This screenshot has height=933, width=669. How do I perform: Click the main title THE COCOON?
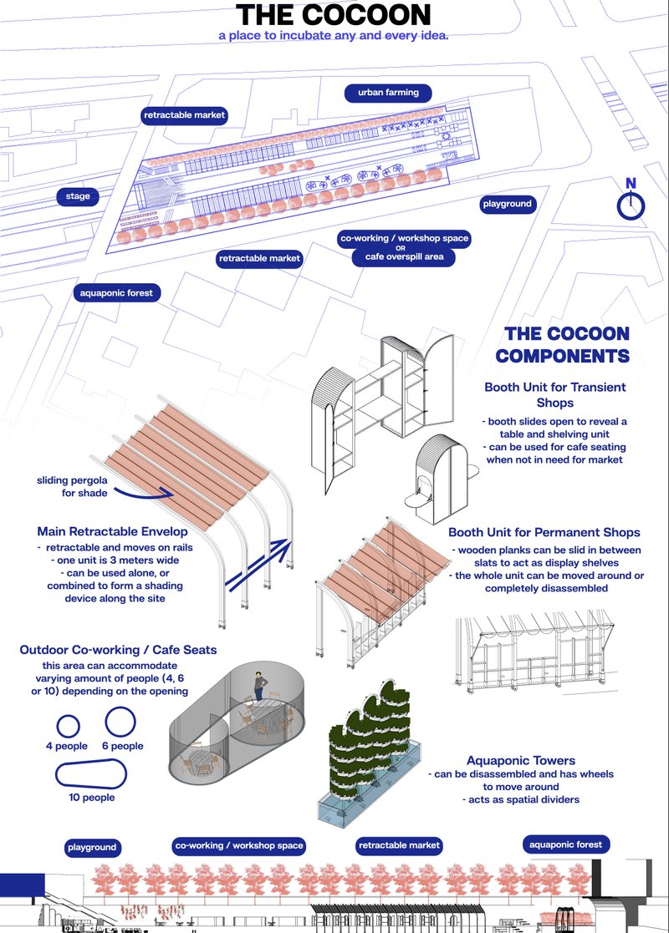[334, 15]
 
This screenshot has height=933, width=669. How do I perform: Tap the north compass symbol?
[631, 205]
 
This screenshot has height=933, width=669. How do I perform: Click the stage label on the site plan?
[78, 197]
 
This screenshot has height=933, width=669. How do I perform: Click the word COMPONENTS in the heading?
[562, 356]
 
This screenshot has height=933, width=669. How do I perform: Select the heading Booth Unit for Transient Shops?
[554, 395]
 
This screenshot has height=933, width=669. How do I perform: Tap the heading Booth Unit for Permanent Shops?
[544, 532]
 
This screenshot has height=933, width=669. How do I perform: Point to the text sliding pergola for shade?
[72, 487]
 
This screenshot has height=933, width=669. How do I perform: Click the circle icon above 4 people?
[67, 725]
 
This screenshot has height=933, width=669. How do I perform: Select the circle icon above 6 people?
[120, 720]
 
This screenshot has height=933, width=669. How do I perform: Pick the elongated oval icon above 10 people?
[91, 774]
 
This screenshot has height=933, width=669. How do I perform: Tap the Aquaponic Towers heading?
[520, 760]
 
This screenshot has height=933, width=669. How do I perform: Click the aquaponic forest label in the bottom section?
[565, 844]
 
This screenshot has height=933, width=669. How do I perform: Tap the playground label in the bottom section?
[92, 847]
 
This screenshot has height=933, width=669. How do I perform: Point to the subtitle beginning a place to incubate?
[334, 37]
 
